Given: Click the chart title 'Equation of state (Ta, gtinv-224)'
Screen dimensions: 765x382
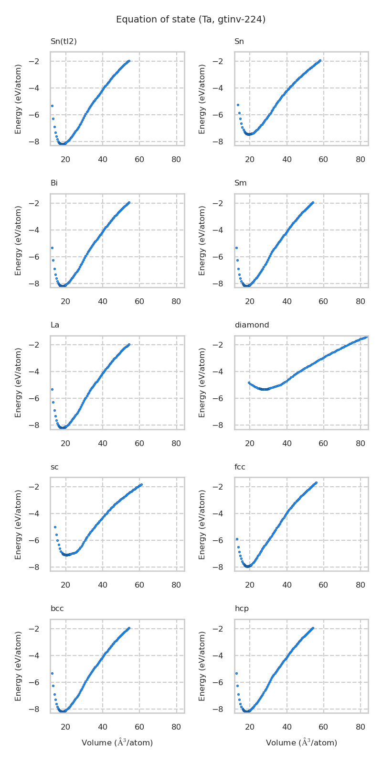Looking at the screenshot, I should (191, 20).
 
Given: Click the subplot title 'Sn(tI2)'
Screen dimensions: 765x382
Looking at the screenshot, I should (64, 42).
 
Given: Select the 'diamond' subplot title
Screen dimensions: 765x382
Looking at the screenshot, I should (252, 325).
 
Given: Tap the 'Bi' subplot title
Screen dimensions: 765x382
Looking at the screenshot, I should (54, 183).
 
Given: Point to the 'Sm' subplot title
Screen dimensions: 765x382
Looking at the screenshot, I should (240, 183).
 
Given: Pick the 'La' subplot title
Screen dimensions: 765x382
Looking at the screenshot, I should (55, 325).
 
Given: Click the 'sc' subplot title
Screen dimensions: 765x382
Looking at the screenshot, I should (54, 467).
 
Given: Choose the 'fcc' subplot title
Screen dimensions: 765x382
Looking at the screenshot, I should (240, 467).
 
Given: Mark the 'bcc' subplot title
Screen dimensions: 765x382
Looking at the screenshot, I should (57, 609).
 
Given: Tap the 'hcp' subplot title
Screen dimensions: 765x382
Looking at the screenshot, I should (241, 609).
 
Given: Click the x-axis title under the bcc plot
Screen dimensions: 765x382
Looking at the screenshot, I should (117, 743).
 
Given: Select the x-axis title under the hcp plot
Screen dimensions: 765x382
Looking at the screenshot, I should (301, 743).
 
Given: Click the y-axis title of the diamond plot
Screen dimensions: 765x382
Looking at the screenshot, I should (202, 382).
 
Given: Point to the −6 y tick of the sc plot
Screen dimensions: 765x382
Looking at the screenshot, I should (41, 541).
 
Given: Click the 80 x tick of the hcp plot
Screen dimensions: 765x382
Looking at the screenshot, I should (361, 727).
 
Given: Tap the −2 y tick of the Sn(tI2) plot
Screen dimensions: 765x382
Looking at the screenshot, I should (41, 61).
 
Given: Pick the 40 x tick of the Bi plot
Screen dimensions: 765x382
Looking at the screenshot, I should (103, 302).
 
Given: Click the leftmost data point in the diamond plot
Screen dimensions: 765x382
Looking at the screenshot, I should (249, 382).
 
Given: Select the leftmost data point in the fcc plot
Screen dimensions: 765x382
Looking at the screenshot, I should (237, 539).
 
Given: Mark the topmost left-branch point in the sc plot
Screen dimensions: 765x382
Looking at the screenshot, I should (55, 527).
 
